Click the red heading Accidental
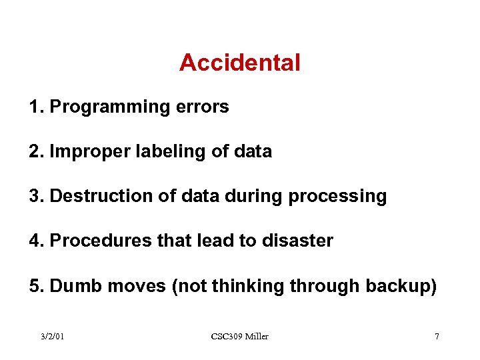click(239, 63)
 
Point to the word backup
click(401, 287)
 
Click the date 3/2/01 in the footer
click(52, 337)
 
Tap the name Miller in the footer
click(257, 337)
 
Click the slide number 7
click(437, 337)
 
